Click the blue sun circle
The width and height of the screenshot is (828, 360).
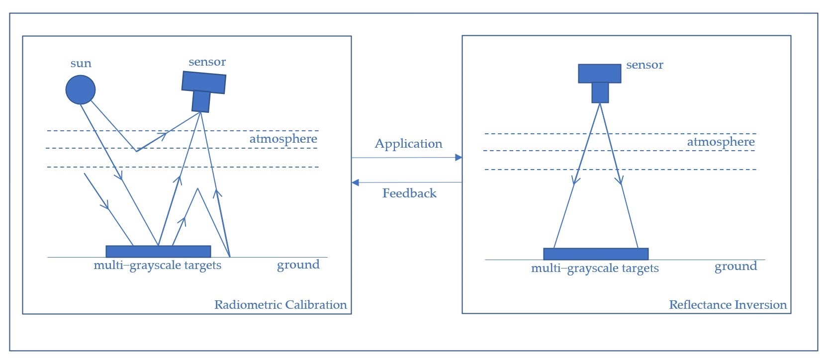[x=81, y=90]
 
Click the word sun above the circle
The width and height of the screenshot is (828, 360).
[x=81, y=64]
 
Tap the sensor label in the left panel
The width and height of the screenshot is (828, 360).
[x=207, y=62]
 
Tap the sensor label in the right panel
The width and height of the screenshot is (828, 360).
[x=644, y=65]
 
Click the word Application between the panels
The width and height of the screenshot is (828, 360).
[x=408, y=144]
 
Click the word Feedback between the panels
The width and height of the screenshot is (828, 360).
[x=409, y=193]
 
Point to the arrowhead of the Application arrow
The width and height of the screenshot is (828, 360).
[x=459, y=158]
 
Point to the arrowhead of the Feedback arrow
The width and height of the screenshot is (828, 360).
[x=355, y=182]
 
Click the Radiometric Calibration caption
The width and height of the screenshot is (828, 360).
[x=280, y=305]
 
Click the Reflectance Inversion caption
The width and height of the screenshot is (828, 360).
[x=728, y=305]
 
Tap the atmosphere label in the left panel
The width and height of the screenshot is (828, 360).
[x=283, y=139]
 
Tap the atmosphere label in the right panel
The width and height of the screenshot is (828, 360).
[x=721, y=142]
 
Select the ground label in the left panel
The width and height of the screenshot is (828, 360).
[x=298, y=265]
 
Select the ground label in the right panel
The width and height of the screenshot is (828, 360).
[x=736, y=267]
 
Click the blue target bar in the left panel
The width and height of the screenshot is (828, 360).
[x=158, y=251]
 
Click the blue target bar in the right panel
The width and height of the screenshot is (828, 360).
[x=596, y=254]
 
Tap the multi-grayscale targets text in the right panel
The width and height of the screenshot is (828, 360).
[x=595, y=269]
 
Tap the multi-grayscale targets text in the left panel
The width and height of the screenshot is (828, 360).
[x=157, y=266]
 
